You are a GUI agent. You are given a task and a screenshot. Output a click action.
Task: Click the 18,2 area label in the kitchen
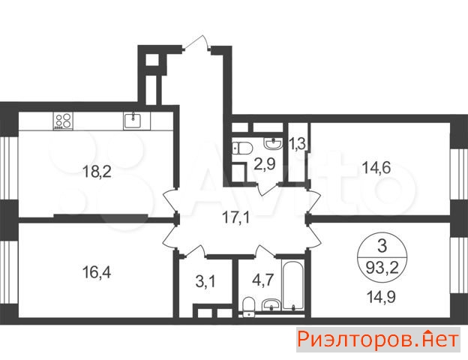97,172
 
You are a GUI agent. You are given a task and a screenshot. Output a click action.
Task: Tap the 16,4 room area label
97,272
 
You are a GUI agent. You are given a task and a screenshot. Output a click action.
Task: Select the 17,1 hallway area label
236,218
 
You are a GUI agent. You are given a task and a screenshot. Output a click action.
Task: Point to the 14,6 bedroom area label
376,167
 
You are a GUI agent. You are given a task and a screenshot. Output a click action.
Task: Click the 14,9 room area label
381,297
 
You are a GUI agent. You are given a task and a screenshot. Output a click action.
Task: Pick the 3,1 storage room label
205,281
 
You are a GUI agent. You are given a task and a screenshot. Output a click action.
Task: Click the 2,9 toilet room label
265,164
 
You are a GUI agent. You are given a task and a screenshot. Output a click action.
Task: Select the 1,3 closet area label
297,144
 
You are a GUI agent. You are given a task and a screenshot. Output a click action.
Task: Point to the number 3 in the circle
382,246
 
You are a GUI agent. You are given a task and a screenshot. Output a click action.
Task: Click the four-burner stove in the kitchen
63,121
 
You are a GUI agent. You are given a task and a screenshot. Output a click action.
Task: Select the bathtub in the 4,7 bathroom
293,286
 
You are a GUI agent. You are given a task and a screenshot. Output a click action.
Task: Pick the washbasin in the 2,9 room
273,143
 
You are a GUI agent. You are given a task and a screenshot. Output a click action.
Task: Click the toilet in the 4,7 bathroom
248,307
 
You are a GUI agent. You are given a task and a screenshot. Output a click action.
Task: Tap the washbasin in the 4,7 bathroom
271,305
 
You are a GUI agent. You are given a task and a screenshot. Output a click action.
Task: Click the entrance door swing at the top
197,42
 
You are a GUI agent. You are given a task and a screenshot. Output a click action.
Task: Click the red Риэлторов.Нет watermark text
378,340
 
